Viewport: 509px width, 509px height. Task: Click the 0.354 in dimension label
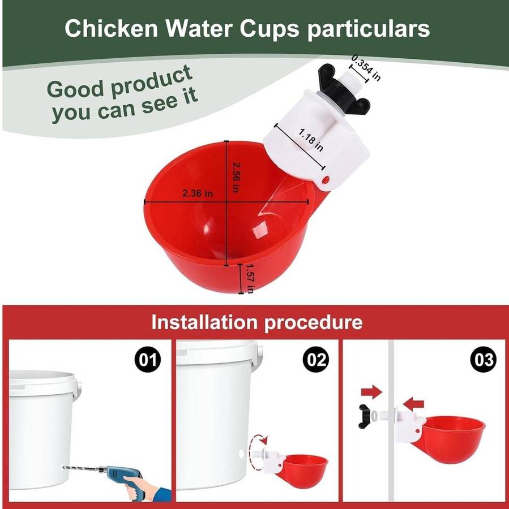(x=366, y=68)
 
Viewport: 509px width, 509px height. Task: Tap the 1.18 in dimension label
(x=311, y=140)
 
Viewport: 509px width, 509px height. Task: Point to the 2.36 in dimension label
(x=198, y=193)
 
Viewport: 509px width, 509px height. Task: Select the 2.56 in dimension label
(x=236, y=177)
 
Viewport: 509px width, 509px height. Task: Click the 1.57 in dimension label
(x=250, y=278)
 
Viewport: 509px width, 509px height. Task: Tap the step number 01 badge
(x=148, y=360)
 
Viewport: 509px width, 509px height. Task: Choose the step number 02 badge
(x=315, y=360)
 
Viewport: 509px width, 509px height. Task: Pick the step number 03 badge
(x=484, y=360)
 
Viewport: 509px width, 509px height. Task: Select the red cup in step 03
(x=452, y=438)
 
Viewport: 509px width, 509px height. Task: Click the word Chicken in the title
(x=111, y=29)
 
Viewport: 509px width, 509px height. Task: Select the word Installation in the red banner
(x=204, y=322)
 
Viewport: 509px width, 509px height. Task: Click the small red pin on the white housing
(x=326, y=179)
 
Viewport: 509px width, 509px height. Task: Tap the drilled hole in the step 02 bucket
(x=241, y=454)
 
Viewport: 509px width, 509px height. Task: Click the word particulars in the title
(x=369, y=30)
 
